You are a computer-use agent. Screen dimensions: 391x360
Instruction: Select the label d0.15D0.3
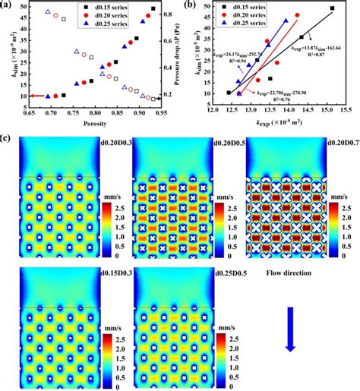(x=89, y=272)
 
